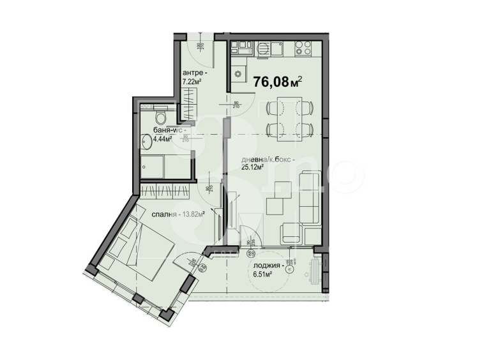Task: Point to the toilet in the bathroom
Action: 162,116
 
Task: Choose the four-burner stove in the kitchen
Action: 303,47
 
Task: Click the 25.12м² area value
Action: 253,169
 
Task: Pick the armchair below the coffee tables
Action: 291,232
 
